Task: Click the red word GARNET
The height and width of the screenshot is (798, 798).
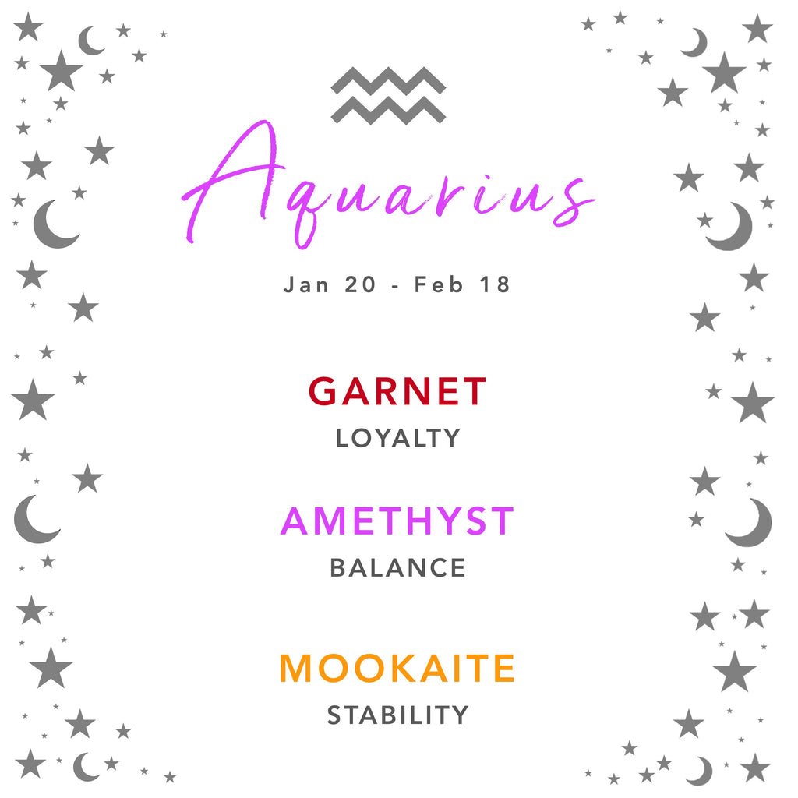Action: click(x=397, y=391)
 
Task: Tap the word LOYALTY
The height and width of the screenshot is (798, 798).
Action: click(x=398, y=438)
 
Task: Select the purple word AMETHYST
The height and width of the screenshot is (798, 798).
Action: click(x=397, y=521)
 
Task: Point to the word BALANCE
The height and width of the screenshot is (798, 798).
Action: click(x=398, y=567)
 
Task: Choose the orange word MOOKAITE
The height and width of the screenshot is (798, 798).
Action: click(x=397, y=668)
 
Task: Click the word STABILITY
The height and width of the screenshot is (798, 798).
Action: click(x=398, y=715)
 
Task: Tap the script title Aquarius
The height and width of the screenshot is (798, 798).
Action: click(x=388, y=185)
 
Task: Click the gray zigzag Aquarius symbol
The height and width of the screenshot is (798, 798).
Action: click(x=388, y=95)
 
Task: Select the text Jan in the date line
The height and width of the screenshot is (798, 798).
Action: click(x=305, y=284)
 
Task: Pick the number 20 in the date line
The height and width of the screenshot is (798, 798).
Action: click(x=360, y=284)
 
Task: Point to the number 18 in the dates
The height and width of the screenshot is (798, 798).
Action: click(x=495, y=284)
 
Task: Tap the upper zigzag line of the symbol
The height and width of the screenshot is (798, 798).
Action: click(x=388, y=81)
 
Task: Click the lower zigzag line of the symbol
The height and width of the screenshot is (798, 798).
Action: click(x=388, y=111)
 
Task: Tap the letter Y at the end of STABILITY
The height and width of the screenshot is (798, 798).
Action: click(x=460, y=715)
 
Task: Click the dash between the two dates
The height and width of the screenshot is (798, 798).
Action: click(x=395, y=287)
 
